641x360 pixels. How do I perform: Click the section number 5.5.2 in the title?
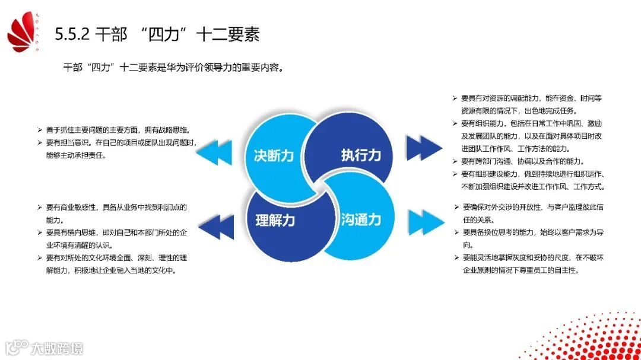(72, 34)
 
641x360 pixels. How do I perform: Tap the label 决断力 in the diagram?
(274, 156)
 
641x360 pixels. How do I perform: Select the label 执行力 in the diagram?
(361, 156)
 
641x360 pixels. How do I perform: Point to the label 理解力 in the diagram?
(275, 220)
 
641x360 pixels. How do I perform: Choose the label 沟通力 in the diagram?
(361, 219)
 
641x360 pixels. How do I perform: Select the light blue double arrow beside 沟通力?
(426, 221)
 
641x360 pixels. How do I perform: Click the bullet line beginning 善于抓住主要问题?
(116, 130)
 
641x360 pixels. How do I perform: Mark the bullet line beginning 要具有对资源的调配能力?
(531, 98)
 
